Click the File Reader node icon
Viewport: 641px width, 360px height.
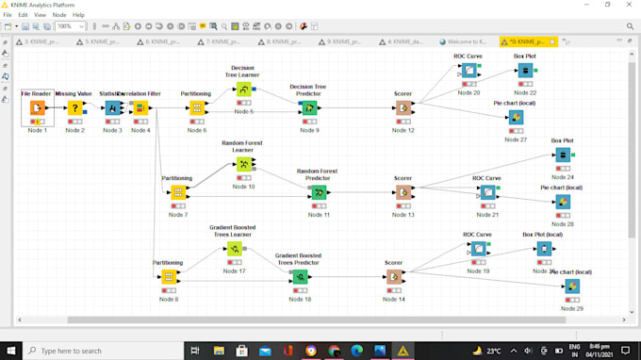[x=38, y=108]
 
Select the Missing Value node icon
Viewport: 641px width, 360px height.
[x=75, y=108]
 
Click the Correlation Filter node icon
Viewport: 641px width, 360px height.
[x=140, y=108]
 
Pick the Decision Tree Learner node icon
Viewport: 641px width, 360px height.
[x=244, y=90]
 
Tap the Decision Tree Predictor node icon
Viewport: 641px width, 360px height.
[x=309, y=108]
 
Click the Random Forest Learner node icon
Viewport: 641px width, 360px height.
[x=244, y=164]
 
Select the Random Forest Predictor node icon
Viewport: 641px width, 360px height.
[x=319, y=192]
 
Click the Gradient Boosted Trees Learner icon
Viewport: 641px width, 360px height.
[x=234, y=249]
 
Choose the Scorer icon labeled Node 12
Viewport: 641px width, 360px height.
[x=403, y=108]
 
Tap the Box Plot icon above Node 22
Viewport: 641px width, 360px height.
[x=525, y=71]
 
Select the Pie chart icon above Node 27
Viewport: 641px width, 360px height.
[x=516, y=118]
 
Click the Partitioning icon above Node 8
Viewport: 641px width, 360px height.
[x=169, y=277]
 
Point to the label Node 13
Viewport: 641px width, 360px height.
[x=403, y=215]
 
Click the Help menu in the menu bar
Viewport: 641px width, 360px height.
[x=78, y=15]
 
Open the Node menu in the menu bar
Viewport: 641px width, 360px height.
[x=59, y=15]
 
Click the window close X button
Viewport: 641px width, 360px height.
[x=628, y=5]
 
